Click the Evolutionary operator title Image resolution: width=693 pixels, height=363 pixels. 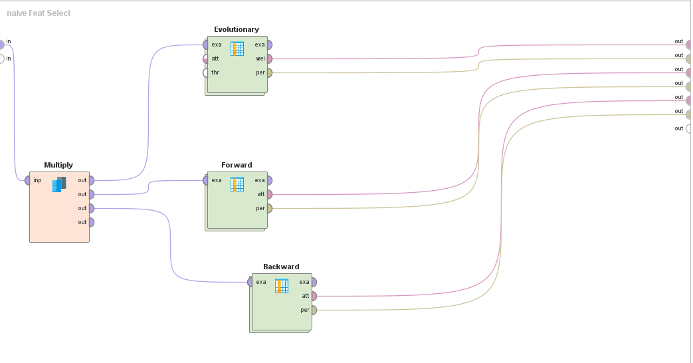point(237,29)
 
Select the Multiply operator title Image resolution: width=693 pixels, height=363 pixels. point(58,165)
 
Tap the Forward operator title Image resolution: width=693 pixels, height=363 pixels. point(237,165)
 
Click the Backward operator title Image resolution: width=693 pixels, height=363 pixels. point(281,267)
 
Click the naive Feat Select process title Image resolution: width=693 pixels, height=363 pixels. point(39,13)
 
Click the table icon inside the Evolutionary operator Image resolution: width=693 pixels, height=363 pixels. point(237,49)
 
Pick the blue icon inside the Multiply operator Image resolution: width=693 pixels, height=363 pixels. point(59,184)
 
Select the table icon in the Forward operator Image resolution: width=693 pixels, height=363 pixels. point(237,184)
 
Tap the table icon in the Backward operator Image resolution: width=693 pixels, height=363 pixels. point(282,286)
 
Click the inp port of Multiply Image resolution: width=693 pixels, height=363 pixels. point(28,180)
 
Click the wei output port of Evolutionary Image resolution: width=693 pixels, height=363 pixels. point(268,59)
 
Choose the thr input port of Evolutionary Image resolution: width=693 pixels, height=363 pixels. point(206,72)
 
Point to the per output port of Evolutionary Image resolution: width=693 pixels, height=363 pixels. point(268,72)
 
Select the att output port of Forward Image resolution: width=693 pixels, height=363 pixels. point(268,194)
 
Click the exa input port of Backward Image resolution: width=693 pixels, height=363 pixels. point(250,282)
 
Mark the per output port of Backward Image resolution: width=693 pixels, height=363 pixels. point(313,310)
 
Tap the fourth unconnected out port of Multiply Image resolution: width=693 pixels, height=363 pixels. point(90,222)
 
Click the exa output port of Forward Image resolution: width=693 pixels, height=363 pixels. point(268,180)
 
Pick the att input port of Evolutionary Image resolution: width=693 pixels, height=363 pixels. point(206,59)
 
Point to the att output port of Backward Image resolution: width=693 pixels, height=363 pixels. point(313,296)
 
